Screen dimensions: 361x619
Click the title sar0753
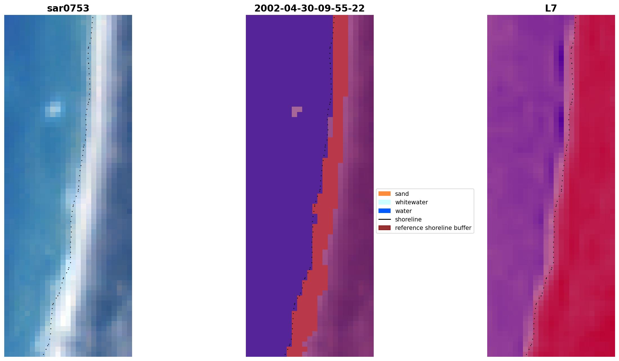pyautogui.click(x=68, y=8)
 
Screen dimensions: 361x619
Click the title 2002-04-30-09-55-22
pyautogui.click(x=309, y=8)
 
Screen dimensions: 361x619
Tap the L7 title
pyautogui.click(x=551, y=8)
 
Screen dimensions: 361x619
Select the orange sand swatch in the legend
pyautogui.click(x=384, y=194)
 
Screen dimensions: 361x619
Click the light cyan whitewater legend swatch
pyautogui.click(x=384, y=202)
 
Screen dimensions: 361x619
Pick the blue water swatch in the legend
pyautogui.click(x=384, y=211)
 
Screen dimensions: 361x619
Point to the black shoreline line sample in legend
pyautogui.click(x=384, y=219)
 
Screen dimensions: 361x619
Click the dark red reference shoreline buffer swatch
pyautogui.click(x=384, y=228)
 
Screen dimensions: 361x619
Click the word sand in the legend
pyautogui.click(x=402, y=194)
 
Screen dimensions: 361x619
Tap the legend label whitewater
pyautogui.click(x=411, y=202)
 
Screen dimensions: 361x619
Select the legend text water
pyautogui.click(x=403, y=211)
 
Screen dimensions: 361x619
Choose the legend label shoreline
pyautogui.click(x=408, y=219)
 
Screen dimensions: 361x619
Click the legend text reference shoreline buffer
pyautogui.click(x=433, y=228)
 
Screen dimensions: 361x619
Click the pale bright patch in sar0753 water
pyautogui.click(x=54, y=109)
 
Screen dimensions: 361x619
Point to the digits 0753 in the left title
pyautogui.click(x=79, y=8)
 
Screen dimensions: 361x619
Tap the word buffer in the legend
pyautogui.click(x=462, y=228)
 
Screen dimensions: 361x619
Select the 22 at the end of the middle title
pyautogui.click(x=359, y=8)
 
